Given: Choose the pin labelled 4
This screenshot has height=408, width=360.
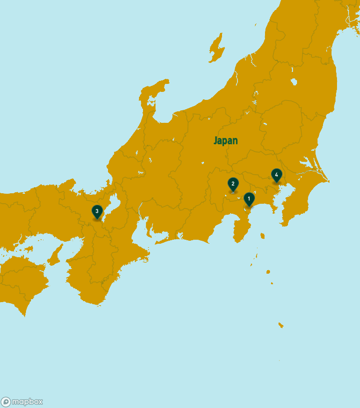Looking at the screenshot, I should point(276,175).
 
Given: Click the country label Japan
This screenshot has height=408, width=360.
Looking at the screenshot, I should point(225,141).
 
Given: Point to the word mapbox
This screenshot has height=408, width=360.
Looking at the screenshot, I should point(27,402).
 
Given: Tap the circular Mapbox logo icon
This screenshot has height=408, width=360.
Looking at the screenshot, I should point(6,402).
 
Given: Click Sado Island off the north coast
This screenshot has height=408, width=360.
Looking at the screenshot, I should point(216,48).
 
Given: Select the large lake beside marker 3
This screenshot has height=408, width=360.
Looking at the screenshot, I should point(113,204).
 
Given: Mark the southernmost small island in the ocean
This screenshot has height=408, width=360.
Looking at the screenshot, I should point(280,325).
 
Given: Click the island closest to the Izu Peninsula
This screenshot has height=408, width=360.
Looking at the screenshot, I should point(262,236).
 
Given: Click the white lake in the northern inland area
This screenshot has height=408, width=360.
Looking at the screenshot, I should point(293,82).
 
